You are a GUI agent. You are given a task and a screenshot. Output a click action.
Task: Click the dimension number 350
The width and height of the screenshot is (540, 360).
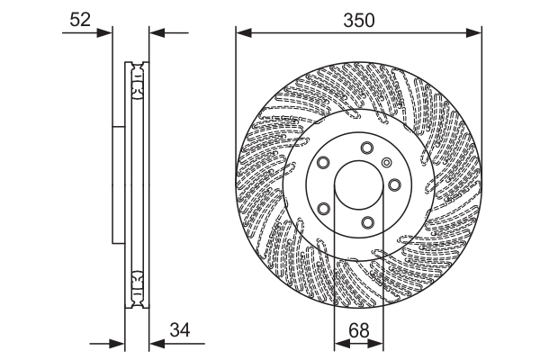click(359, 18)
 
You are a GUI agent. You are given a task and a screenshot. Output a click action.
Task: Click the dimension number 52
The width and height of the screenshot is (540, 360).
click(81, 18)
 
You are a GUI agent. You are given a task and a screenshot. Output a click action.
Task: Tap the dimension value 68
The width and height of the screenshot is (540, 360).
click(359, 332)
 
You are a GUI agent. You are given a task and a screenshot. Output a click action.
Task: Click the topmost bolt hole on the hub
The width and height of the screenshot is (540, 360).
click(366, 148)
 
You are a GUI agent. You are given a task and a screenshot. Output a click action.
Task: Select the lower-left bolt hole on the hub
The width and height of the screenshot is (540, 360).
click(323, 209)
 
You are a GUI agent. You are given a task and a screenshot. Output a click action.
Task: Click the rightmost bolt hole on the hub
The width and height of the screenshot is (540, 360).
click(394, 185)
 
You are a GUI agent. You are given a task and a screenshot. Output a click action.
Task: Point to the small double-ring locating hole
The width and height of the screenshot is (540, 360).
click(386, 163)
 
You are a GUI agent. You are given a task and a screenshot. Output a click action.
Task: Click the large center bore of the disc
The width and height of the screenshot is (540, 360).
click(358, 186)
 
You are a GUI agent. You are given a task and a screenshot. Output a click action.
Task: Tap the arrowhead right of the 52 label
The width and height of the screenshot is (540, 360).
click(108, 33)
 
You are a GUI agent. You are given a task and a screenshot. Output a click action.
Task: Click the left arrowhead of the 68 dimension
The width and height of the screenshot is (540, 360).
click(340, 343)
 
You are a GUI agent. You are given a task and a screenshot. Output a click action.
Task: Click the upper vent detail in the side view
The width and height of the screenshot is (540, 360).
click(137, 80)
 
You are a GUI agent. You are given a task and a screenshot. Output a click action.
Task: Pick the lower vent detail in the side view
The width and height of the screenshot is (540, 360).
click(137, 289)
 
